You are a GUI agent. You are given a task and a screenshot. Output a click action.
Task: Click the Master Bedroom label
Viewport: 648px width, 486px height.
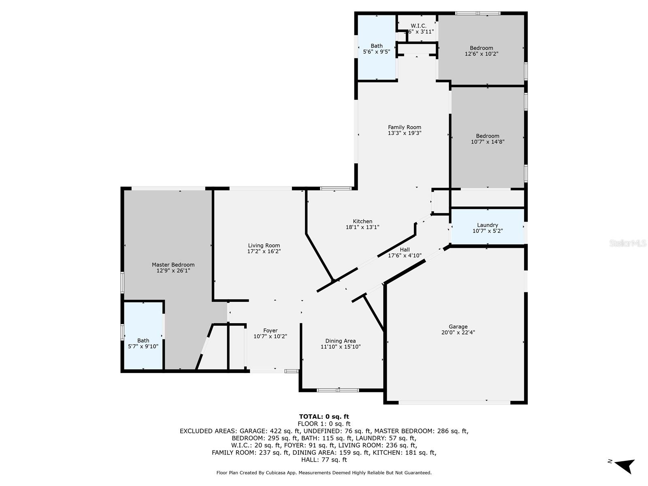173,265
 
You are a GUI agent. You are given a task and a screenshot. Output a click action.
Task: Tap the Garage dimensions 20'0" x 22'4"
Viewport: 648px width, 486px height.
458,333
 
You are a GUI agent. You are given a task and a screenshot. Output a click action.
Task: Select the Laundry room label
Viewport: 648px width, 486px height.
487,225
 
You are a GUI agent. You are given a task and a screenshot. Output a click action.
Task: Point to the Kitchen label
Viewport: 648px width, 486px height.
362,222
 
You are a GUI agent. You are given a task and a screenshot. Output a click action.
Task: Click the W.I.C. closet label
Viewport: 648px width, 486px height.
418,26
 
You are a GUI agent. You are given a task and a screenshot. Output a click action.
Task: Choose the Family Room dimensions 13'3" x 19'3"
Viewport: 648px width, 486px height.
405,133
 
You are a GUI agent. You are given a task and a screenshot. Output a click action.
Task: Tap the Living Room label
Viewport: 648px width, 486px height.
264,245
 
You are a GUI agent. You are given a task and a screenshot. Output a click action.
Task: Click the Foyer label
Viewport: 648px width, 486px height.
270,330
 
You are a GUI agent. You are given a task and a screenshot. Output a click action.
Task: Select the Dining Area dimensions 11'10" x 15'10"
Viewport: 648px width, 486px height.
340,347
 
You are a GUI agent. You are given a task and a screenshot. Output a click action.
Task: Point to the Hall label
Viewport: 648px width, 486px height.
405,250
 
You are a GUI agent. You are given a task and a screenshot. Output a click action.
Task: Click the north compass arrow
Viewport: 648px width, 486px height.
624,465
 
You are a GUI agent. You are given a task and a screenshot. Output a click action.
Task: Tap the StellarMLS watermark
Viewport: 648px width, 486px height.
627,243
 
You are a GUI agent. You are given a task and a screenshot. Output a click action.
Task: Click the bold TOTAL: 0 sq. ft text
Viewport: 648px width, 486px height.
324,416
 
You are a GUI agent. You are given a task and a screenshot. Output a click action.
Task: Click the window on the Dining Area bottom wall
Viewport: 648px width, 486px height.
338,390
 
